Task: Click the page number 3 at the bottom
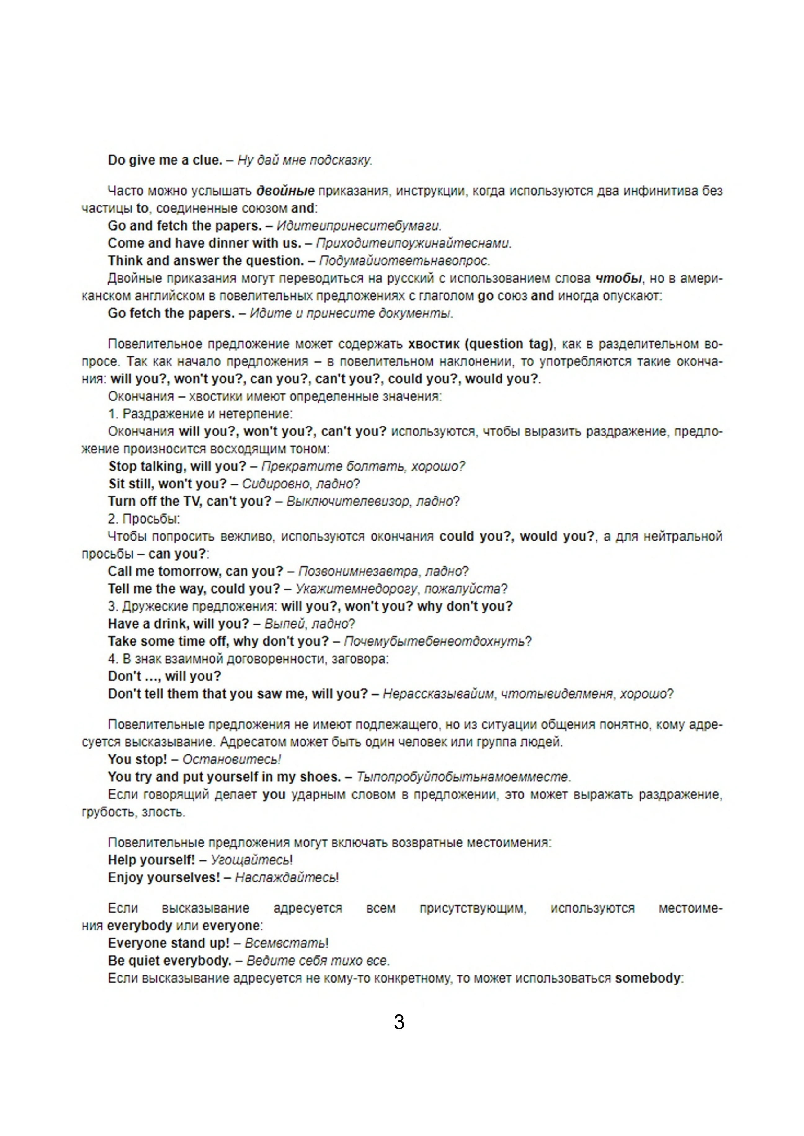click(x=399, y=1022)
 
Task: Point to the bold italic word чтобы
click(x=618, y=279)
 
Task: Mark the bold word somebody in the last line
click(x=648, y=978)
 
